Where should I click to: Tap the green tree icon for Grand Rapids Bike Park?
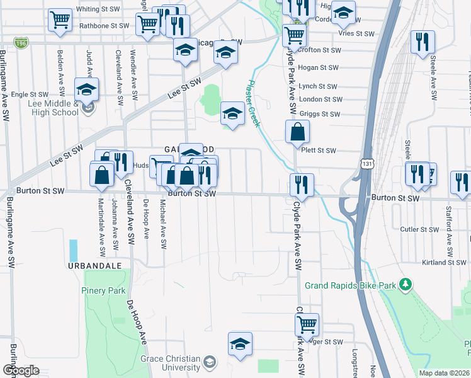[x=407, y=285]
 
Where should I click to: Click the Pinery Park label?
[x=103, y=290]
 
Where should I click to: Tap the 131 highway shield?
[x=367, y=163]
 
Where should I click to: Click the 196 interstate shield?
[x=21, y=43]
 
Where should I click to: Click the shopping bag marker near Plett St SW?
[x=297, y=133]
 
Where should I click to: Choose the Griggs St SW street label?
[x=321, y=114]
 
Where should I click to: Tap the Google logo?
[x=21, y=370]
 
